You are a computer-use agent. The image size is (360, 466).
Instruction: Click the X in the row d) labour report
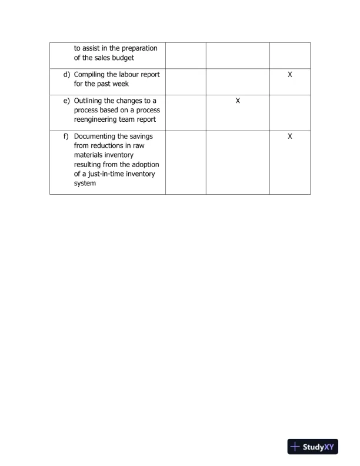click(x=290, y=75)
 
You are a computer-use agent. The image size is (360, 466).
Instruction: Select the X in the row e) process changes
click(x=238, y=101)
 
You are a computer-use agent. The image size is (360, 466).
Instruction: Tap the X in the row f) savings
click(x=290, y=136)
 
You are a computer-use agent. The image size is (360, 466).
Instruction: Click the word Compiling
click(x=91, y=75)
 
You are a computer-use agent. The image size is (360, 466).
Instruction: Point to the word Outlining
click(x=90, y=101)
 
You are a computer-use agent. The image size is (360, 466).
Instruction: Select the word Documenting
click(x=96, y=136)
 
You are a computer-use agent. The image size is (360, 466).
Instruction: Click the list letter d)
click(x=66, y=75)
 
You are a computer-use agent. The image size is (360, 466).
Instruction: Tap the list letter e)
click(x=66, y=101)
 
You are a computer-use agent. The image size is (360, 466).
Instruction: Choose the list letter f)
click(x=66, y=136)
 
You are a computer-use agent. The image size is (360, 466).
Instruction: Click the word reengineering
click(x=98, y=119)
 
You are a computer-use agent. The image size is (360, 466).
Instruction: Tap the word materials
click(x=89, y=155)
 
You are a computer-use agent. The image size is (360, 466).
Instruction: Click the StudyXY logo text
click(x=318, y=447)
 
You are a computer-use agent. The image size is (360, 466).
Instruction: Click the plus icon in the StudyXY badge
click(x=295, y=447)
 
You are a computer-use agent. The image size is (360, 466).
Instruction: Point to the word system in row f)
click(x=85, y=183)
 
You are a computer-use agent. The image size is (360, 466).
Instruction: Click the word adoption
click(x=144, y=164)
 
